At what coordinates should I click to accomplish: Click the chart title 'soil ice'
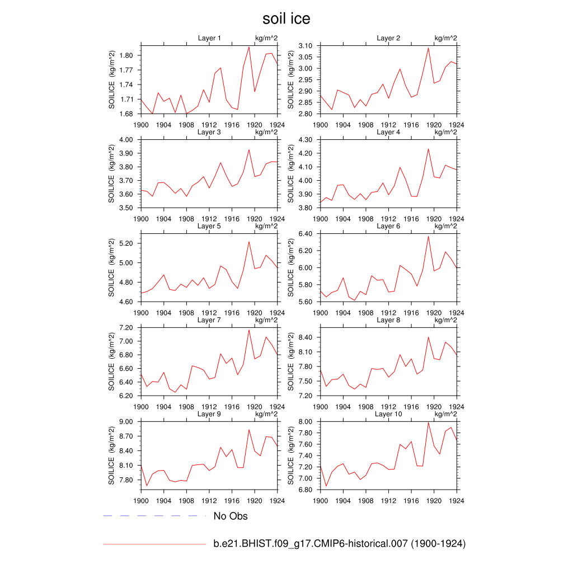click(286, 19)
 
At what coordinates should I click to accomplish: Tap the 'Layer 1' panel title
click(209, 38)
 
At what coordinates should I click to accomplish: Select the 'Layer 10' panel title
click(388, 414)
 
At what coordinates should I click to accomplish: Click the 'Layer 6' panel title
click(388, 226)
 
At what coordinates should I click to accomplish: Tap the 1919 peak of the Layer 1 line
click(249, 46)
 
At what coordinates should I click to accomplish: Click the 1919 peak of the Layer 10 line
click(428, 422)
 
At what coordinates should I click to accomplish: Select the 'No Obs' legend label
click(231, 516)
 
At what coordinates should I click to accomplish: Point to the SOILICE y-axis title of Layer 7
click(112, 361)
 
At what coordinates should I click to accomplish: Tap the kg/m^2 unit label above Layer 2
click(445, 38)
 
